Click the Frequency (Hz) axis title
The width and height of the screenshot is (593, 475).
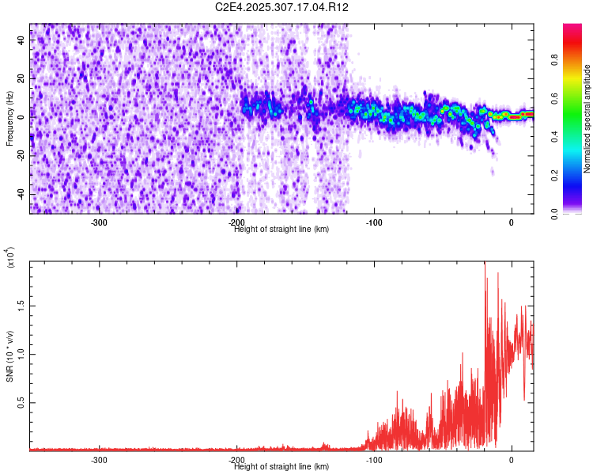(9, 118)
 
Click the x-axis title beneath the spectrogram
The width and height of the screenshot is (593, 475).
(282, 230)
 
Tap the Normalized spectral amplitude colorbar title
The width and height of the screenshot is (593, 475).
(587, 119)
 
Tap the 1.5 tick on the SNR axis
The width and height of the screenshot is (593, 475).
(20, 304)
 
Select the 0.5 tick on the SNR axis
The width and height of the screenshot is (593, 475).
(20, 402)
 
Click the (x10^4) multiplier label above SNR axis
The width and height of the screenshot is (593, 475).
(9, 256)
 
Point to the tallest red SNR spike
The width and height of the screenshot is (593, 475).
(485, 264)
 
